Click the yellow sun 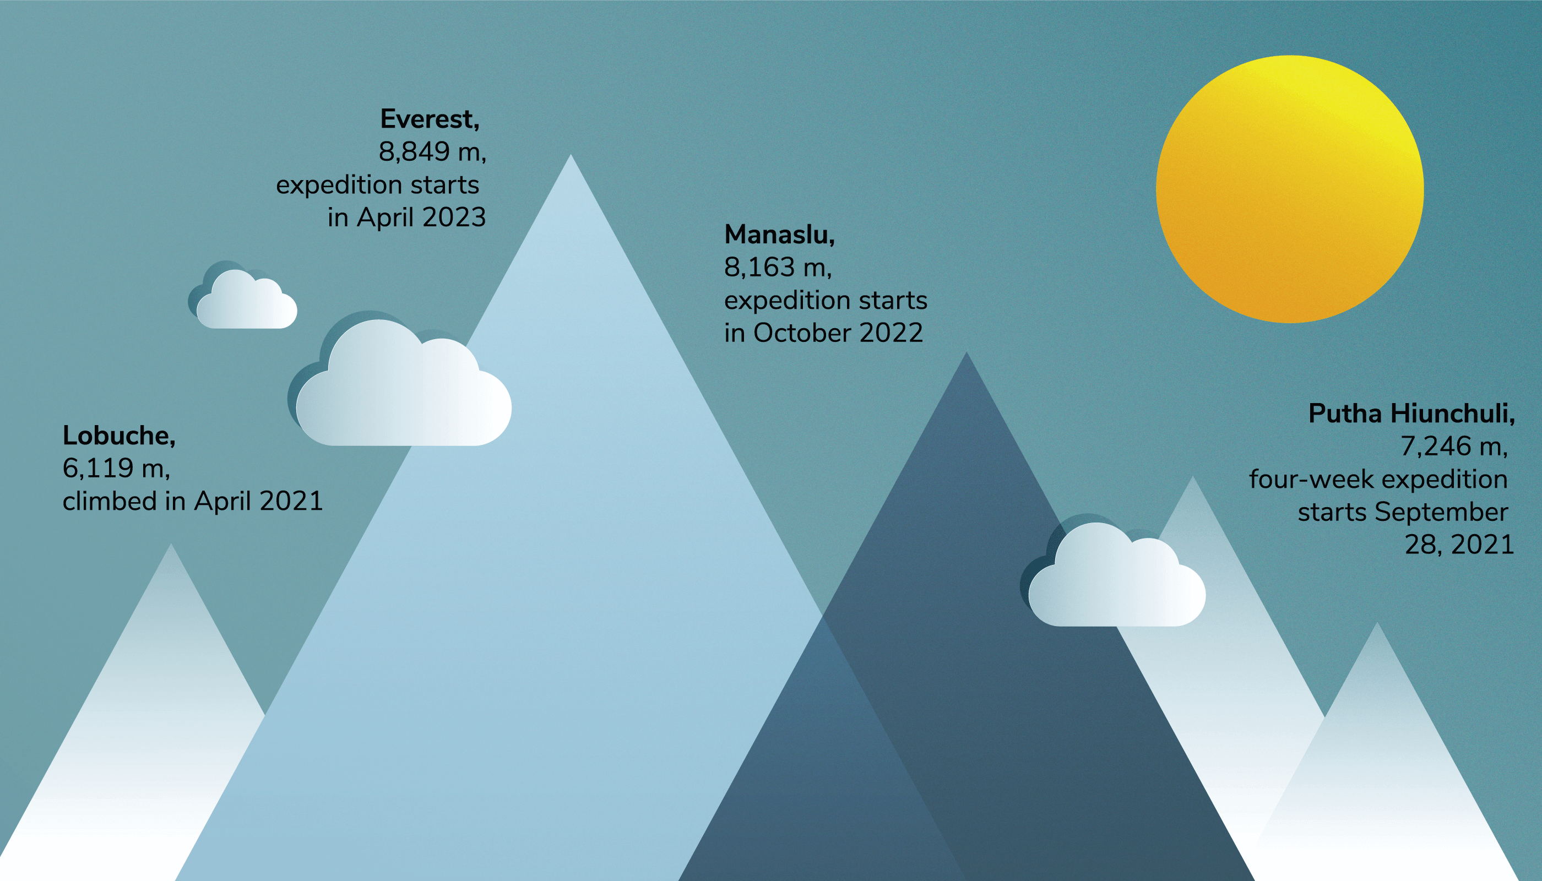coord(1290,189)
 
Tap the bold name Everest coord(430,119)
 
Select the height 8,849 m coord(432,152)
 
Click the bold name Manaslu coord(779,235)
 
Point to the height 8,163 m coord(778,268)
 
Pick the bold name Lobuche coord(119,436)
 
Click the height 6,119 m coord(116,469)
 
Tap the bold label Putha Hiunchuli coord(1412,414)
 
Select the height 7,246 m coord(1454,447)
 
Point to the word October coord(802,333)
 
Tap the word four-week coord(1311,480)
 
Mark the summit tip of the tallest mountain coord(570,155)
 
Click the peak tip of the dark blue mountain coord(967,353)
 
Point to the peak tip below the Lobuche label coord(171,544)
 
